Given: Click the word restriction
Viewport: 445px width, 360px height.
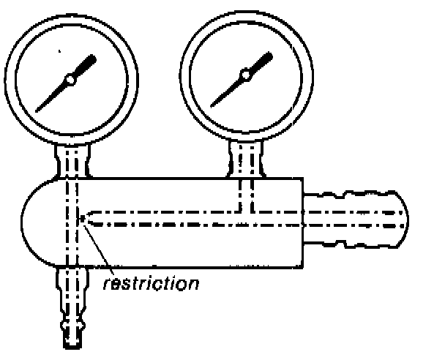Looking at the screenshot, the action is click(x=151, y=282).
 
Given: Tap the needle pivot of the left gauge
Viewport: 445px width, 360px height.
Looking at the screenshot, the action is click(x=70, y=78).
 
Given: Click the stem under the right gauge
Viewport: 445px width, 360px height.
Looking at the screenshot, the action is click(x=244, y=160).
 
